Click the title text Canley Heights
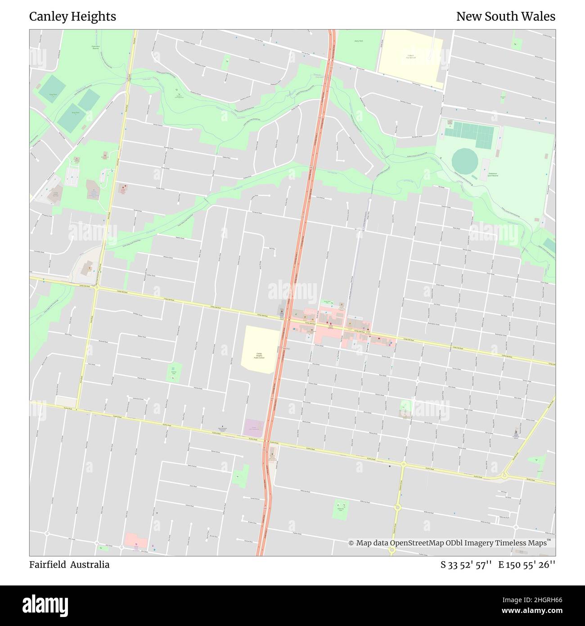click(72, 17)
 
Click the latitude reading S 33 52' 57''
click(467, 565)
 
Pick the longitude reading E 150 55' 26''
click(526, 565)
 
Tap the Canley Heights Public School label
click(259, 355)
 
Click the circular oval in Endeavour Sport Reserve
click(464, 159)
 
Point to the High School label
click(410, 57)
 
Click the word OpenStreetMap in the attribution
click(417, 543)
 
